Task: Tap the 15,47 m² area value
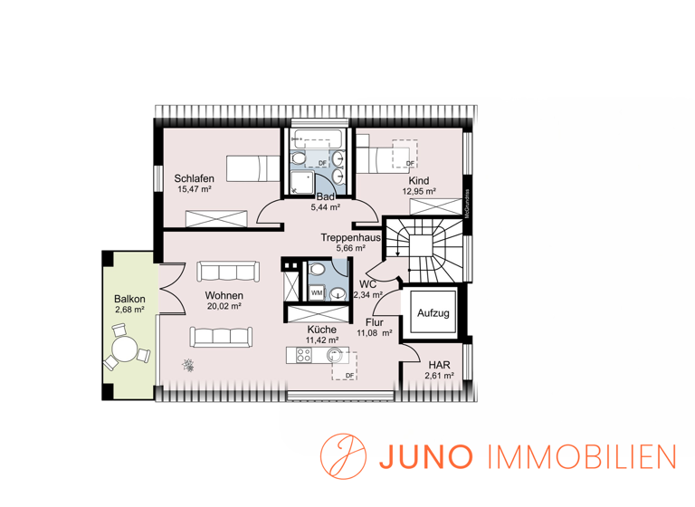click(195, 190)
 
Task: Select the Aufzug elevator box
click(433, 313)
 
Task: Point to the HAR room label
click(441, 365)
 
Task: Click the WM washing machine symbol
click(317, 293)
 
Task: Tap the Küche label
click(321, 330)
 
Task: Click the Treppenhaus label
click(350, 236)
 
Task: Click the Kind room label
click(418, 180)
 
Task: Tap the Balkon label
click(129, 299)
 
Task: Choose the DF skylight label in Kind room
click(409, 163)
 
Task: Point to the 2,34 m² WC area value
click(367, 294)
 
